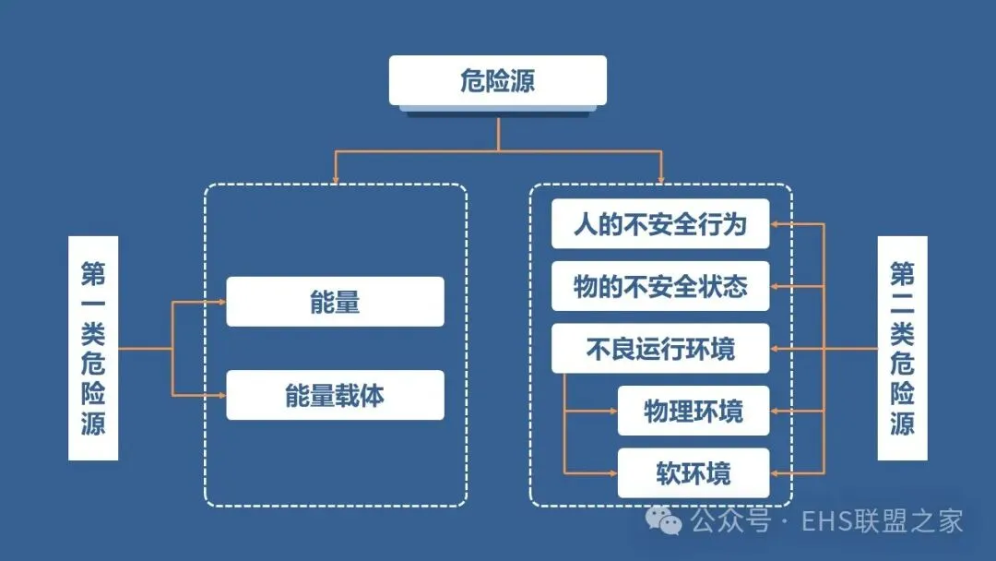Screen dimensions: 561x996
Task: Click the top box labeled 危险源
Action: (x=497, y=80)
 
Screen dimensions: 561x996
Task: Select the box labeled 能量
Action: (x=335, y=302)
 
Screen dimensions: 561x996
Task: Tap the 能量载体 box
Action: (x=335, y=395)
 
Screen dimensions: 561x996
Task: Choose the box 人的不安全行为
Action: (x=659, y=224)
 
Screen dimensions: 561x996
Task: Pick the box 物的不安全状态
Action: (x=659, y=286)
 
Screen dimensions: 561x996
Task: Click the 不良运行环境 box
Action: (x=659, y=349)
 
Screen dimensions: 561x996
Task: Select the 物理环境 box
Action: (x=693, y=411)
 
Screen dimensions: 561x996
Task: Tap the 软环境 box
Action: (x=693, y=473)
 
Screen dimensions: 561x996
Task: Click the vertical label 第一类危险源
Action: (x=93, y=349)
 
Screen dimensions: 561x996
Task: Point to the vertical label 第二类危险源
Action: (x=902, y=349)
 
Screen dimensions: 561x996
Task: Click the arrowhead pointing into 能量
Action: (x=221, y=302)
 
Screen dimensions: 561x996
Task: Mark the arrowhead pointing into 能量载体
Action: (x=221, y=395)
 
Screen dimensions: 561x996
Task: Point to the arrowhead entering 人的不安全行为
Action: (x=776, y=224)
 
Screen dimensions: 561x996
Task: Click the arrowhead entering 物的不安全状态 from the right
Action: (x=776, y=286)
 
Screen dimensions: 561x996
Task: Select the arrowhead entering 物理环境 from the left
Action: (x=612, y=411)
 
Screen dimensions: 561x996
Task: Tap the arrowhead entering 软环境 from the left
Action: (x=612, y=473)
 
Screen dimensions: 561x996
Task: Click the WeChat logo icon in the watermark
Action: (x=664, y=521)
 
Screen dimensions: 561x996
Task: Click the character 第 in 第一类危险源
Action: (x=93, y=275)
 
